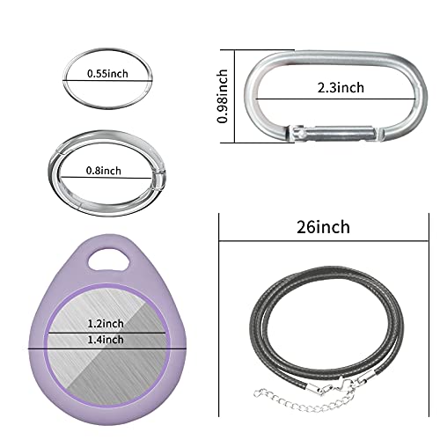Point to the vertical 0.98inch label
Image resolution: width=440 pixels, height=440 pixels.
[x=226, y=97]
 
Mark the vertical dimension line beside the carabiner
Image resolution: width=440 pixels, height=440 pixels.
[x=235, y=97]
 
